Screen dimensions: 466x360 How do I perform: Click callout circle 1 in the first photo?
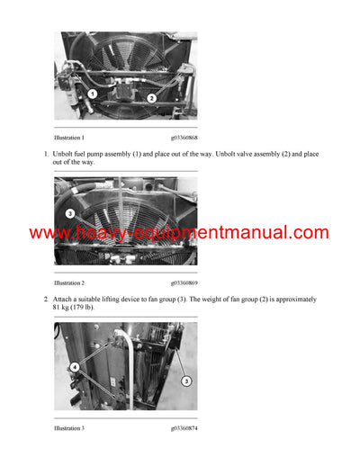92,94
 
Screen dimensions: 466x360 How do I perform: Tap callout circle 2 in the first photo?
151,97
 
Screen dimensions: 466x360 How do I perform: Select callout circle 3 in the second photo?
70,213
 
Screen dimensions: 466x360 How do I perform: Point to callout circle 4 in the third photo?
75,367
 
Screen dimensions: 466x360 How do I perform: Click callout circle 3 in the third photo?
185,381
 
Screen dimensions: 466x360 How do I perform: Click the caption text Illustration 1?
69,137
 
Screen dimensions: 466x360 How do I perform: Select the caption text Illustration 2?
69,282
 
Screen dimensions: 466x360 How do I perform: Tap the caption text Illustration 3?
69,428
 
